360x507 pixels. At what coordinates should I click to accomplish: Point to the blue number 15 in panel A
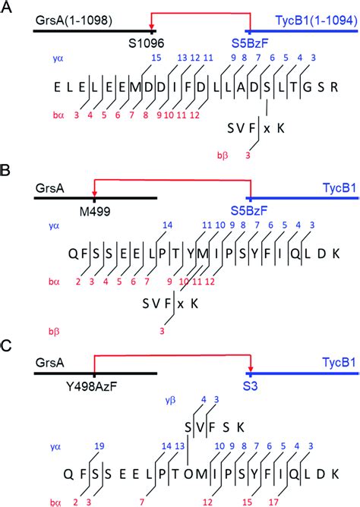157,58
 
